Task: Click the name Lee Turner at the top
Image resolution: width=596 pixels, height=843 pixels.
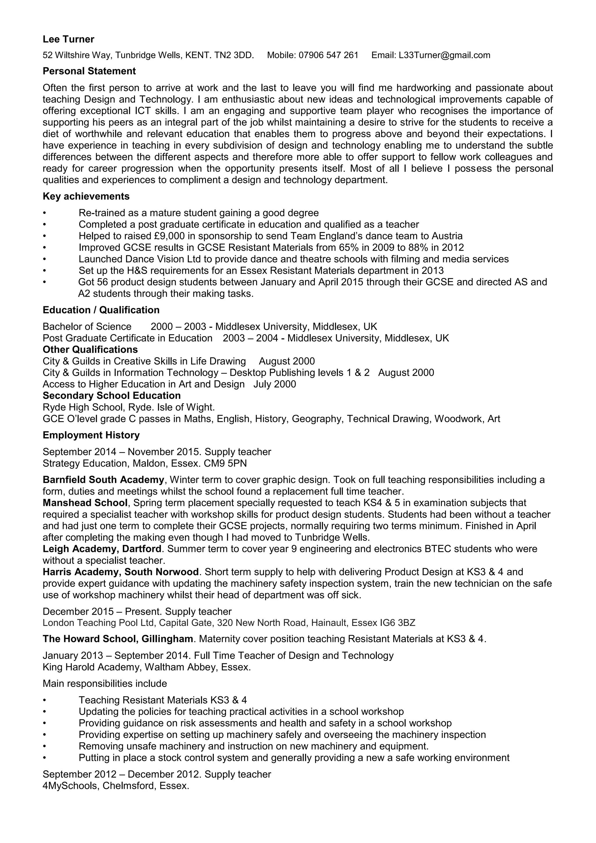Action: [68, 39]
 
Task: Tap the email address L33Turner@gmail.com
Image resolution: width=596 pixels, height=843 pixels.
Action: [444, 55]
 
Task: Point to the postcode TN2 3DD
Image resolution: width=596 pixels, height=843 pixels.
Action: [234, 55]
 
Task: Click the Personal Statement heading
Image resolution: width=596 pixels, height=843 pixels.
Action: [89, 71]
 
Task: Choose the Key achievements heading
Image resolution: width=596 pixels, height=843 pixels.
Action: [86, 196]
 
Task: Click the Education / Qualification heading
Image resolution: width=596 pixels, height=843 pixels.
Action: [101, 310]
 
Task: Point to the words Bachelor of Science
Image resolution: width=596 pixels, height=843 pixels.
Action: [87, 327]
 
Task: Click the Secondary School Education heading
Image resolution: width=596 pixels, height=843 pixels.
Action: [111, 396]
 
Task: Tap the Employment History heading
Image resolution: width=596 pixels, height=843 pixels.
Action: [91, 435]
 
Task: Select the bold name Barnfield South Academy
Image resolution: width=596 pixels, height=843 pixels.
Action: [103, 480]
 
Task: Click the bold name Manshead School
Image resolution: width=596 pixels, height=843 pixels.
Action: [85, 503]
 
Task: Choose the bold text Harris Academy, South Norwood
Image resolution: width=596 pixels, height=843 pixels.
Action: [120, 572]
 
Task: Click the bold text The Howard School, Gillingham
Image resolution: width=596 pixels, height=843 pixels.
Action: [118, 639]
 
